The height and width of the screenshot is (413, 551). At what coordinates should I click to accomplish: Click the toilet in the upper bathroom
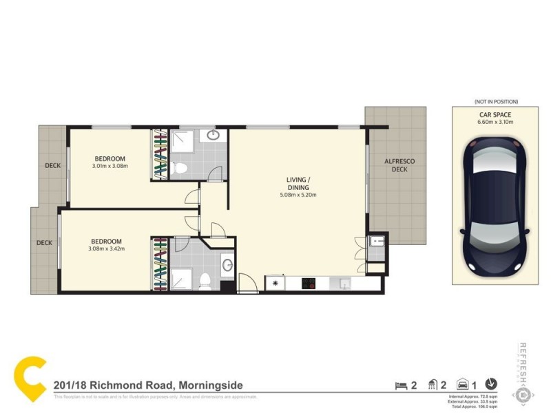coord(179,168)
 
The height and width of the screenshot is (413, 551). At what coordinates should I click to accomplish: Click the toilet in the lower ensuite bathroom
coord(205,279)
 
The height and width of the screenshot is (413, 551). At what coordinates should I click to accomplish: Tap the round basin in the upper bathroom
coord(213,136)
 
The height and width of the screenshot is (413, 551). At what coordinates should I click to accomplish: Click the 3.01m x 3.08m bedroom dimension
coord(110,166)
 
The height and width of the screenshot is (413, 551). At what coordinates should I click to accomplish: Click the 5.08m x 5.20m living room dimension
coord(298,195)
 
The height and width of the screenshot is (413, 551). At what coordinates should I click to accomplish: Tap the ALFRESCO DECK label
coord(399,165)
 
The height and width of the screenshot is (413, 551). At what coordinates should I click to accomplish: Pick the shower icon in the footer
coord(433,385)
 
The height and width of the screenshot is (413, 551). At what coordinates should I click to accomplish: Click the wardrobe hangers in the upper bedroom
coord(160,155)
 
